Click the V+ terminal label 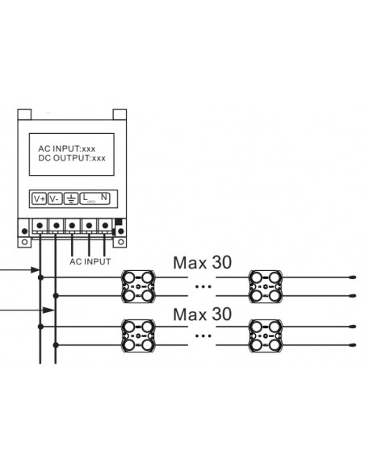coord(40,198)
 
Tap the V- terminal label coord(55,198)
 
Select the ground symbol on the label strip coord(71,198)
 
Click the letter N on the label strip coord(104,197)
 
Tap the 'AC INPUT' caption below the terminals coord(89,262)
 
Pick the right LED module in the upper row coord(266,286)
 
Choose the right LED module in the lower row coord(266,335)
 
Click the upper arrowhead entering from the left coord(37,269)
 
